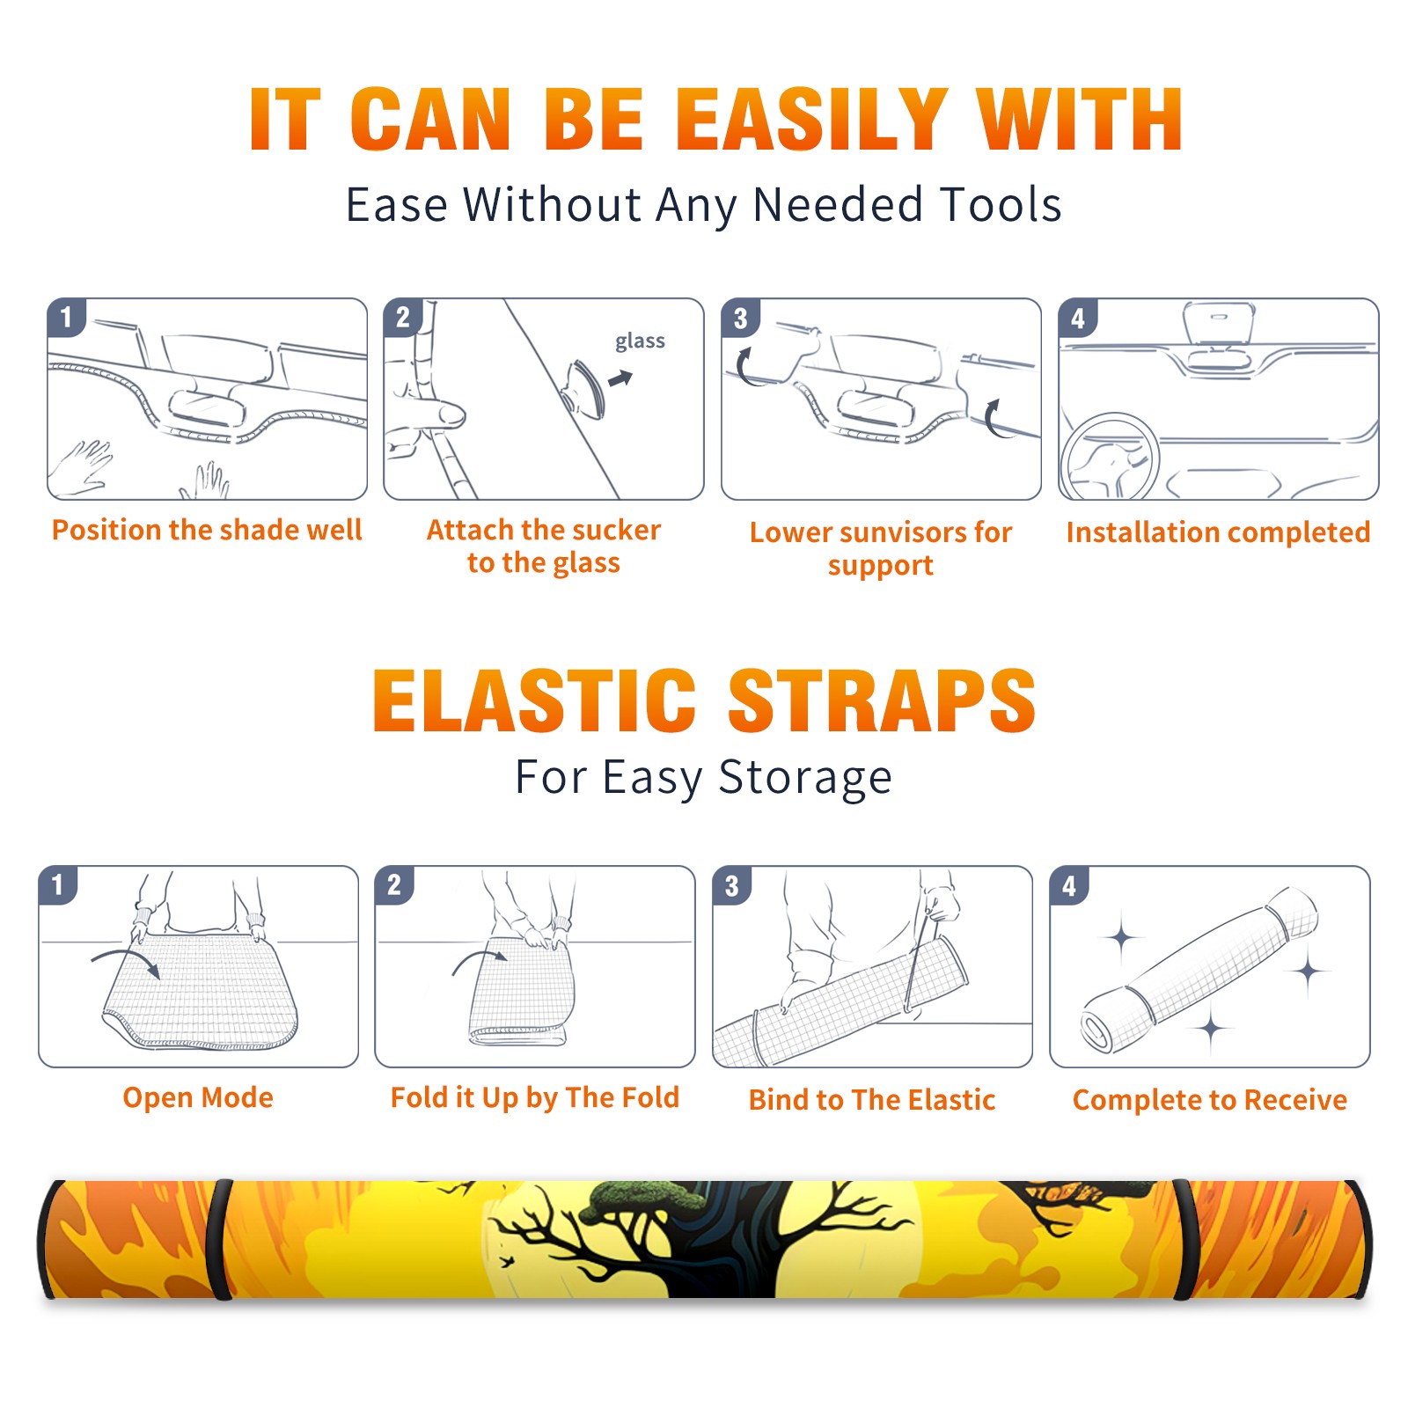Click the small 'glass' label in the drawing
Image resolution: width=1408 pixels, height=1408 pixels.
click(x=640, y=341)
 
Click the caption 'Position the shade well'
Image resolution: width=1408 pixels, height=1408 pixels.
click(x=207, y=530)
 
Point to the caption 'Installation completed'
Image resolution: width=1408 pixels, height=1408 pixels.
click(x=1218, y=532)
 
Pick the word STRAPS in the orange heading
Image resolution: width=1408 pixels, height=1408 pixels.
click(x=882, y=700)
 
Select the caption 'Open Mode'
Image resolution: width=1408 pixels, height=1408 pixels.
click(x=198, y=1097)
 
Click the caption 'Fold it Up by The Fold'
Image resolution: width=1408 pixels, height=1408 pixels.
click(x=535, y=1097)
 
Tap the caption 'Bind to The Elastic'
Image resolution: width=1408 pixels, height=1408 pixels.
click(x=872, y=1100)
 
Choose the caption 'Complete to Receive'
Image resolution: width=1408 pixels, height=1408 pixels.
click(x=1210, y=1100)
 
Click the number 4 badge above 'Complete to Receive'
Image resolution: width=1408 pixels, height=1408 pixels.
click(x=1069, y=885)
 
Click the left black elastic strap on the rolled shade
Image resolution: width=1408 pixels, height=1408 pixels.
click(x=222, y=1240)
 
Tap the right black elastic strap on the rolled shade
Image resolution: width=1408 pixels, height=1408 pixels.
click(x=1184, y=1240)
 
